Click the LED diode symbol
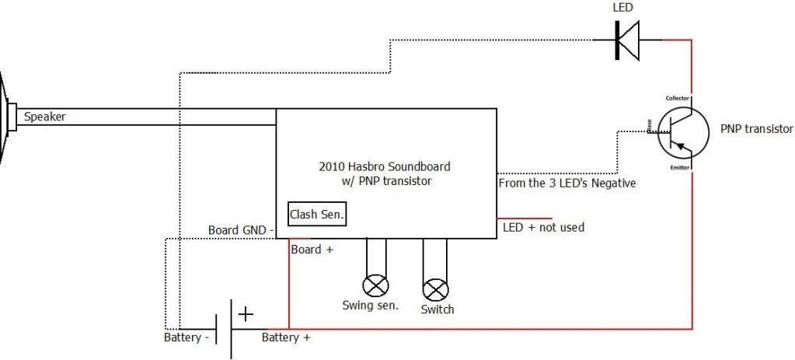point(626,39)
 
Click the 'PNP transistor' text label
point(756,129)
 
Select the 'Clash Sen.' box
point(317,214)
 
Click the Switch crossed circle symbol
point(435,290)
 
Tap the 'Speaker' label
point(44,117)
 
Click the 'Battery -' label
point(186,338)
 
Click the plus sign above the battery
point(246,314)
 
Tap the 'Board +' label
point(312,250)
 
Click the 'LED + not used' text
point(543,228)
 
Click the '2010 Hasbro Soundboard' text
point(384,166)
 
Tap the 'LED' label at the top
point(623,8)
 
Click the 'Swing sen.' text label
point(371,305)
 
